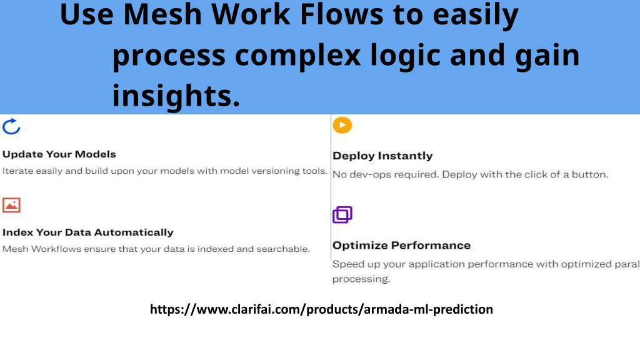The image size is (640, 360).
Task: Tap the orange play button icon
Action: point(342,125)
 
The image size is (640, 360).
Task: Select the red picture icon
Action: point(11,205)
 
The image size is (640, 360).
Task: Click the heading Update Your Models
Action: point(59,154)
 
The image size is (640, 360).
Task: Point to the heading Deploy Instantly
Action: point(382,156)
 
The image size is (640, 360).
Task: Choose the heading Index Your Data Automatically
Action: point(87,232)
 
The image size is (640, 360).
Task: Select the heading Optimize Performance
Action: point(402,245)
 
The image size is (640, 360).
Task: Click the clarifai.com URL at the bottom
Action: point(321,309)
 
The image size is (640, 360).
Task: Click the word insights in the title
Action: point(176,96)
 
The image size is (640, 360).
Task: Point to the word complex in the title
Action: point(298,55)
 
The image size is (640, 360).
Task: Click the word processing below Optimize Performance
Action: point(361,279)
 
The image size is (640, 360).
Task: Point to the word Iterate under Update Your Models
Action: point(18,171)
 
